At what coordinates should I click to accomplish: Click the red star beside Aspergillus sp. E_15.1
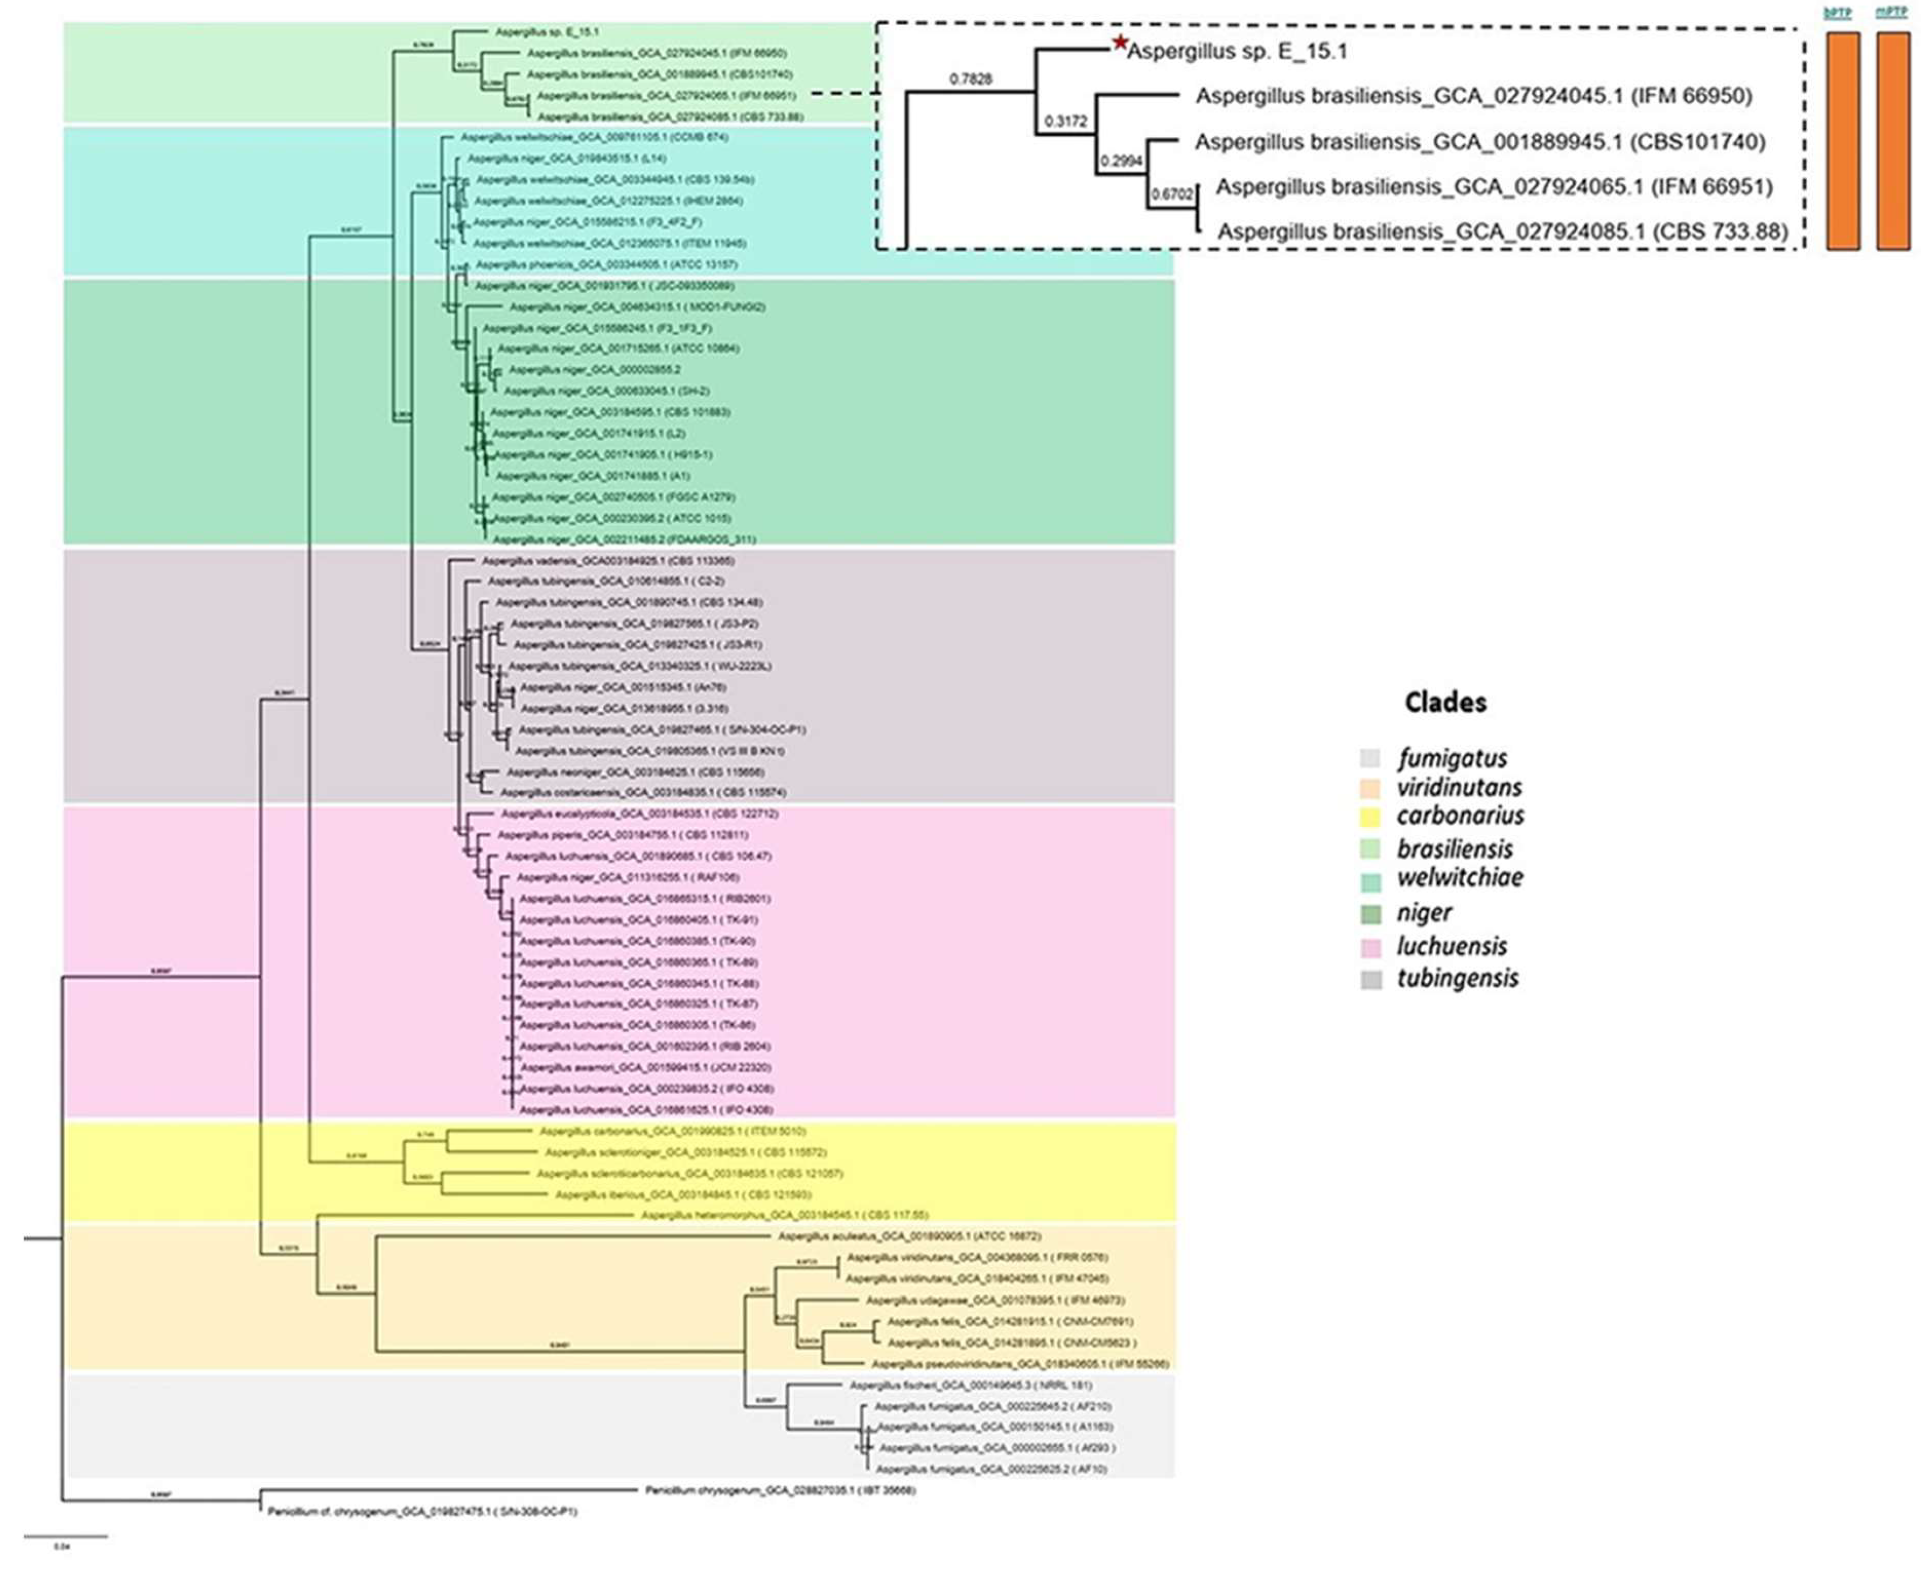tap(1120, 43)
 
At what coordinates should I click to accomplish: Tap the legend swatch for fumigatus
tap(1371, 758)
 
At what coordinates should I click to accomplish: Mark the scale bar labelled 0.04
tap(66, 1537)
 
